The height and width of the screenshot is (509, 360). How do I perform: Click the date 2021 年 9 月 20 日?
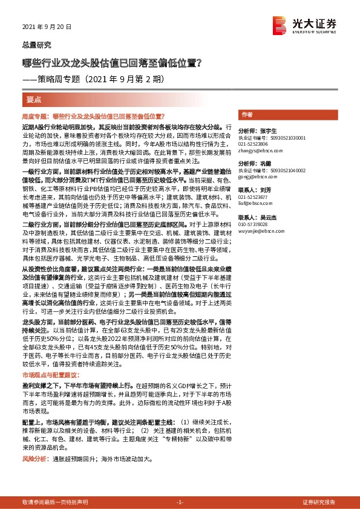click(47, 28)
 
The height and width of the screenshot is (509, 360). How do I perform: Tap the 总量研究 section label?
click(37, 45)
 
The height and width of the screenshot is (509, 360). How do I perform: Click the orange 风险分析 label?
click(35, 459)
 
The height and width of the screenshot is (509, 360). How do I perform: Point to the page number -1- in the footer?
click(179, 502)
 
